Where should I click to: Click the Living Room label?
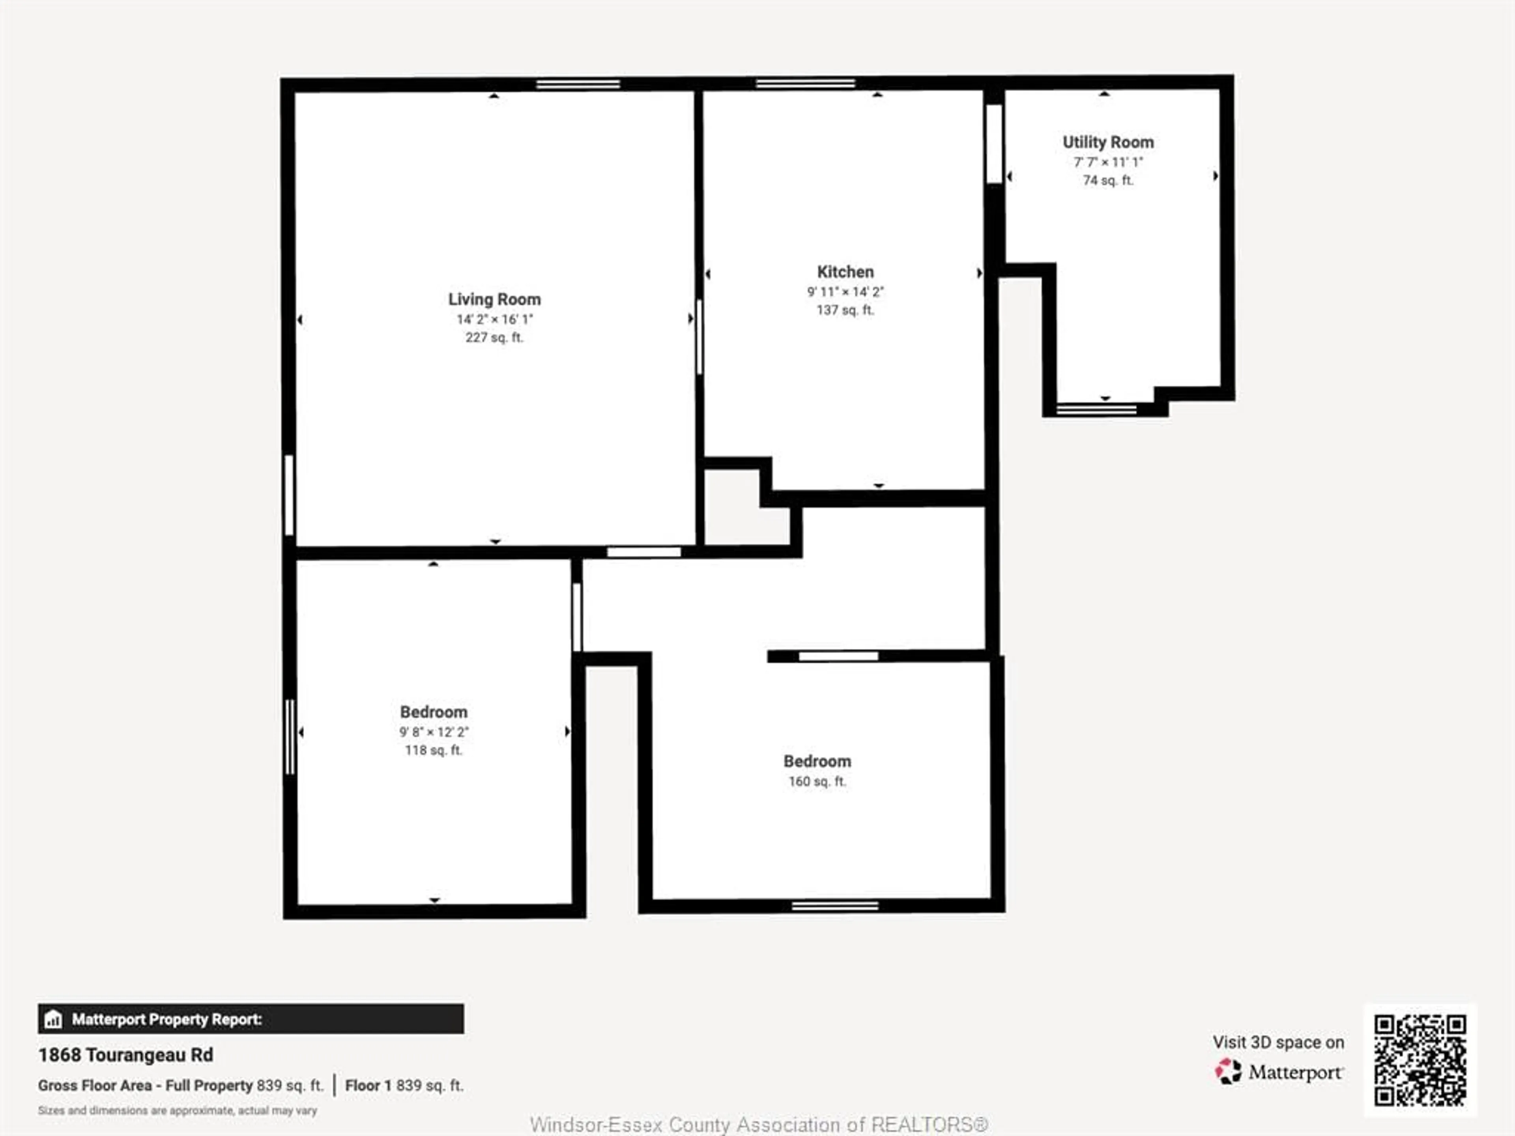[x=494, y=299]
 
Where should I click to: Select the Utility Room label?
[x=1107, y=142]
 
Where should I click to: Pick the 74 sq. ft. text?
[x=1107, y=180]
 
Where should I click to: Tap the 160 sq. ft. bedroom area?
[x=817, y=781]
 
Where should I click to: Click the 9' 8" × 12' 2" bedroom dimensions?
[x=434, y=732]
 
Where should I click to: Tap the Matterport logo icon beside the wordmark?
[x=1227, y=1072]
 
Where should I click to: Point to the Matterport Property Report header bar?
[x=251, y=1019]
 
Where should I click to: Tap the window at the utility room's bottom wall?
[x=1096, y=409]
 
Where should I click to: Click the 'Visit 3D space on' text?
[x=1278, y=1042]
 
